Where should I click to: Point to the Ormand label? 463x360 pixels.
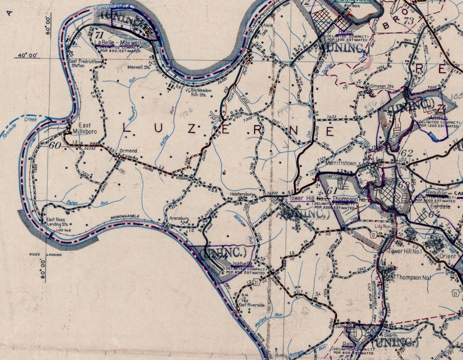pyautogui.click(x=128, y=151)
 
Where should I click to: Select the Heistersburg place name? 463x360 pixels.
pyautogui.click(x=242, y=193)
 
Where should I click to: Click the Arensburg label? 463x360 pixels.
pyautogui.click(x=179, y=218)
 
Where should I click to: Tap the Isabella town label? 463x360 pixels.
pyautogui.click(x=241, y=264)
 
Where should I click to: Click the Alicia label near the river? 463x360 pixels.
pyautogui.click(x=268, y=26)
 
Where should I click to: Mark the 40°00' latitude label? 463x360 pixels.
pyautogui.click(x=27, y=55)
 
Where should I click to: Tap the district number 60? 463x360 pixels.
pyautogui.click(x=55, y=145)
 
